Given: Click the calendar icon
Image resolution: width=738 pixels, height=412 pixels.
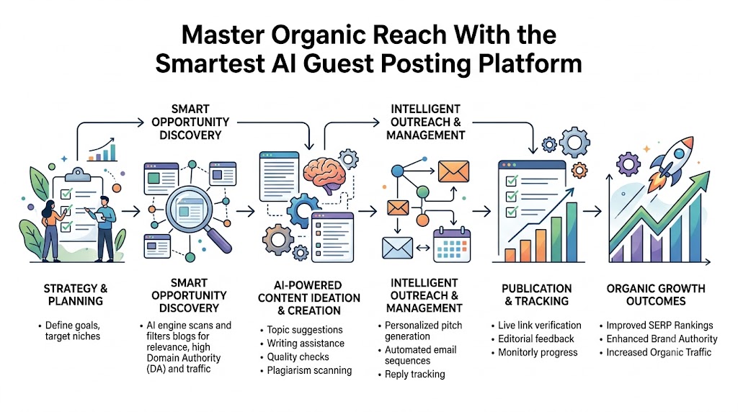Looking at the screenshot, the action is [451, 245].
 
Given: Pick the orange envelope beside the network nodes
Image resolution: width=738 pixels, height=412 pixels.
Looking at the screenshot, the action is [453, 171].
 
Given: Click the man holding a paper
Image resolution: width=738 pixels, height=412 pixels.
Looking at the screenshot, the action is [105, 228].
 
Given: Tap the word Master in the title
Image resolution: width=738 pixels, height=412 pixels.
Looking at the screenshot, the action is [223, 35].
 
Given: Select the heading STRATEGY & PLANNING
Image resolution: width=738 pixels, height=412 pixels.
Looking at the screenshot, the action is [75, 295].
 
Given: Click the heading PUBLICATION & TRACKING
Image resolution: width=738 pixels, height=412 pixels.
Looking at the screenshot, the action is [536, 295].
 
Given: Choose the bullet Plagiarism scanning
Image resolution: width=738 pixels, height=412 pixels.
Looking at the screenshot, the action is [308, 370].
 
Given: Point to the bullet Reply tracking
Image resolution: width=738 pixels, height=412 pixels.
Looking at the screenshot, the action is [414, 374].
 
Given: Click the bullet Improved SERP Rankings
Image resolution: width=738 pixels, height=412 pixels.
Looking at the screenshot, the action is [659, 325].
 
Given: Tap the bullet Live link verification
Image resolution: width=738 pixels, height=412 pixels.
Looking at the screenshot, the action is [539, 325].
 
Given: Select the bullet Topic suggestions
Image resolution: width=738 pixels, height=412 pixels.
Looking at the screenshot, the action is [305, 330].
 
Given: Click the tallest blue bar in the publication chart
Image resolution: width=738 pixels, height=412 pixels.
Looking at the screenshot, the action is [572, 232].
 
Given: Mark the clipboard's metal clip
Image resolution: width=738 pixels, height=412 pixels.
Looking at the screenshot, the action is [78, 175].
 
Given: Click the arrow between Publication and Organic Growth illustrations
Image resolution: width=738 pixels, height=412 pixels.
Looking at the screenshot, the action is [592, 212].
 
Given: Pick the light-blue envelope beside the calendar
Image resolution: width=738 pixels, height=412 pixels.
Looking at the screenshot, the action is [397, 248].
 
